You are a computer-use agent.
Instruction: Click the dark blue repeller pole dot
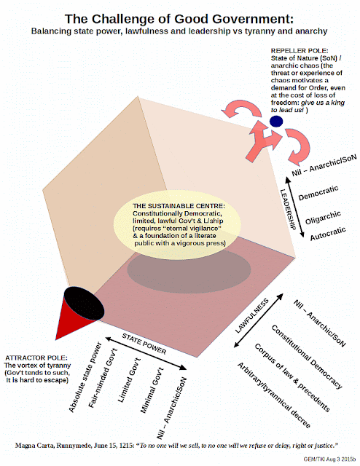276,122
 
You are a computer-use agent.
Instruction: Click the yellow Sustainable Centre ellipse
177,225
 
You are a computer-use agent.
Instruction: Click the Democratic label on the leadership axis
318,193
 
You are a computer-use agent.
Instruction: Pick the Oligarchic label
323,218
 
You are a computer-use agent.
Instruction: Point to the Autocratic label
328,233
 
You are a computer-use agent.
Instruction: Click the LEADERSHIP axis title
288,210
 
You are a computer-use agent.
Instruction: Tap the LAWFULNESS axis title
251,316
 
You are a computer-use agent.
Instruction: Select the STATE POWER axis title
144,344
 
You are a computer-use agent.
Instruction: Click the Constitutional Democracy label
307,357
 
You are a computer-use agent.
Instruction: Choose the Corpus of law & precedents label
292,377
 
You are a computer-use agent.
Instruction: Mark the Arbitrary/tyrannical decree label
274,395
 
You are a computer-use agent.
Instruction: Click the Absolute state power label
85,377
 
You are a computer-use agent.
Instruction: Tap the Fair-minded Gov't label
103,378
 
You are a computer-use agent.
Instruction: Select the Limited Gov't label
129,380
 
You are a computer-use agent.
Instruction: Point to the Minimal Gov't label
152,390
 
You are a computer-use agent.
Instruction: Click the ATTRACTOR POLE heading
36,358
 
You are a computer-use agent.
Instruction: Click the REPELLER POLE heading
300,50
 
